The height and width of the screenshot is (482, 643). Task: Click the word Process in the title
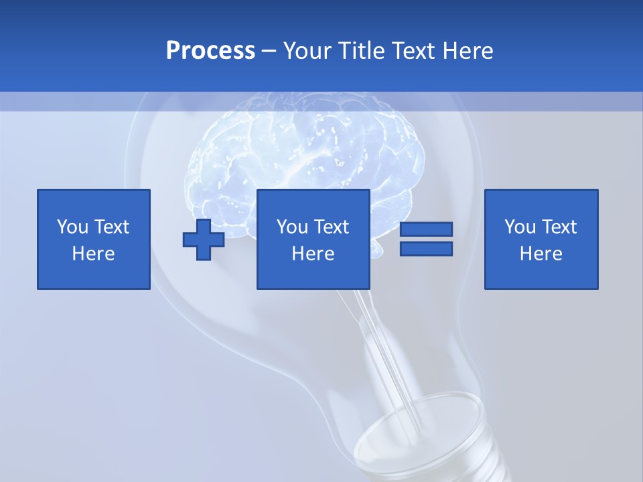coord(210,51)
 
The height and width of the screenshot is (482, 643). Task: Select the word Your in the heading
coord(307,51)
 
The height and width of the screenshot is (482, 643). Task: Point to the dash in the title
coord(269,52)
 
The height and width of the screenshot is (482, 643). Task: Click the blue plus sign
coord(204,240)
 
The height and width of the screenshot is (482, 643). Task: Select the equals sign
coord(426,239)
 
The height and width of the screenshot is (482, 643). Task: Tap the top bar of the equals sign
coord(426,230)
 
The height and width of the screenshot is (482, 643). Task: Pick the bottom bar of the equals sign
coord(426,248)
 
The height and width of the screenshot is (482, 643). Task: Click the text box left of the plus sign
coord(94,239)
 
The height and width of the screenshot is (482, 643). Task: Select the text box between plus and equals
coord(313,239)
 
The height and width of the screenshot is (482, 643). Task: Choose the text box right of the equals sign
coord(541,239)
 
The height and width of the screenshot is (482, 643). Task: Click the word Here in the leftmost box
coord(94,254)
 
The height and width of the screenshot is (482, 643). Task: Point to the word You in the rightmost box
coord(520,227)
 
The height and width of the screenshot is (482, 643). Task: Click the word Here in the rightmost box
coord(541,254)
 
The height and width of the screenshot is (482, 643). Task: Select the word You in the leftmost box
coord(72,227)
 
